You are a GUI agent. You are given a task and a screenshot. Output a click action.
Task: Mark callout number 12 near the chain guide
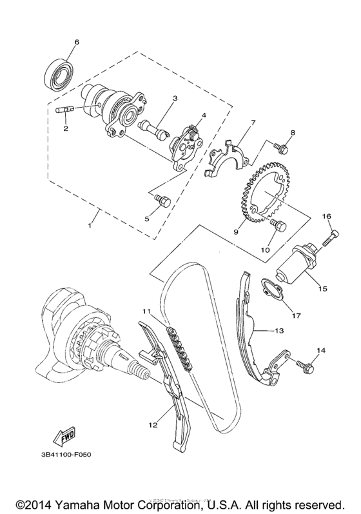153,424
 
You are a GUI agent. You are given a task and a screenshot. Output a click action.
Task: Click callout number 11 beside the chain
147,311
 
